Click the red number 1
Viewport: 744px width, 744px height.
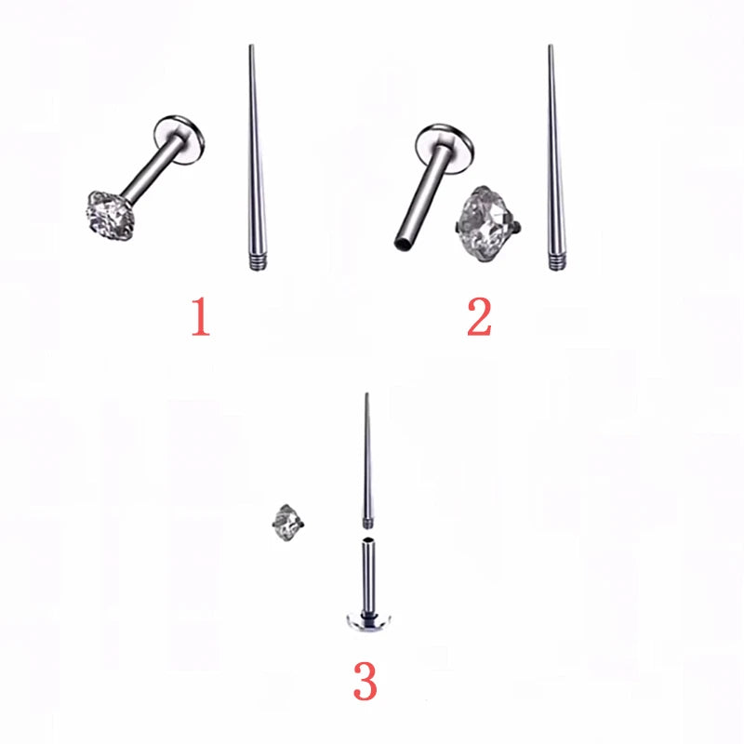tap(201, 317)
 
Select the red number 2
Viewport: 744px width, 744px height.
tap(479, 317)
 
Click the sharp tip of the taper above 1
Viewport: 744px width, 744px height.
tap(250, 46)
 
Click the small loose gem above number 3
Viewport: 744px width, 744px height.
tap(286, 520)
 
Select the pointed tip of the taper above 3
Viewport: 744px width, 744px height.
tap(365, 395)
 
